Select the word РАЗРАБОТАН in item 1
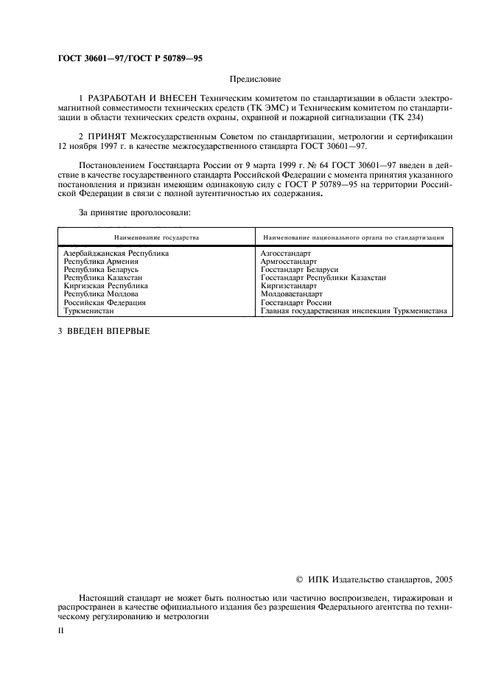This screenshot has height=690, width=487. click(122, 99)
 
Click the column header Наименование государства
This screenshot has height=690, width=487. click(155, 238)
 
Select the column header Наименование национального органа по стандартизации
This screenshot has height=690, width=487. click(353, 238)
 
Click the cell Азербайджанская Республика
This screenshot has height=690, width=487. click(116, 254)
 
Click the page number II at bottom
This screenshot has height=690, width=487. click(62, 631)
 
